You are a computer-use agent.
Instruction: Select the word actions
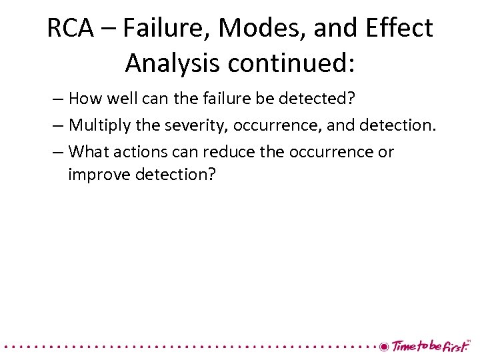pos(137,151)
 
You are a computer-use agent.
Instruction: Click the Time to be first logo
pos(431,346)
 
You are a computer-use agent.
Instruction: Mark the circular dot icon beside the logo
pos(383,347)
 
